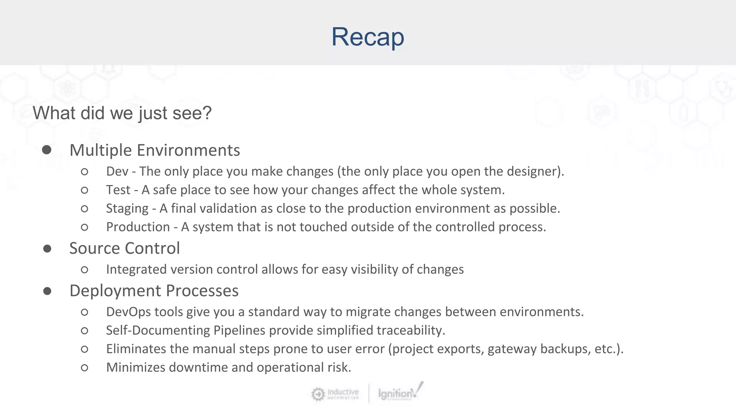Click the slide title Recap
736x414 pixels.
coord(368,37)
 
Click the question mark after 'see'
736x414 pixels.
coord(207,113)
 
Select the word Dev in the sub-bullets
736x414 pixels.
coord(117,171)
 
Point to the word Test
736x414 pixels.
coord(118,190)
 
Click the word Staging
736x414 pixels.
coord(127,208)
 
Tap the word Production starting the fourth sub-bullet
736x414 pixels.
coord(138,227)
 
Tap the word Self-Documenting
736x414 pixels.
coord(158,330)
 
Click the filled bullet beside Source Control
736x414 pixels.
coord(47,249)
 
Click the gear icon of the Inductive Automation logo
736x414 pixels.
coord(318,394)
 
